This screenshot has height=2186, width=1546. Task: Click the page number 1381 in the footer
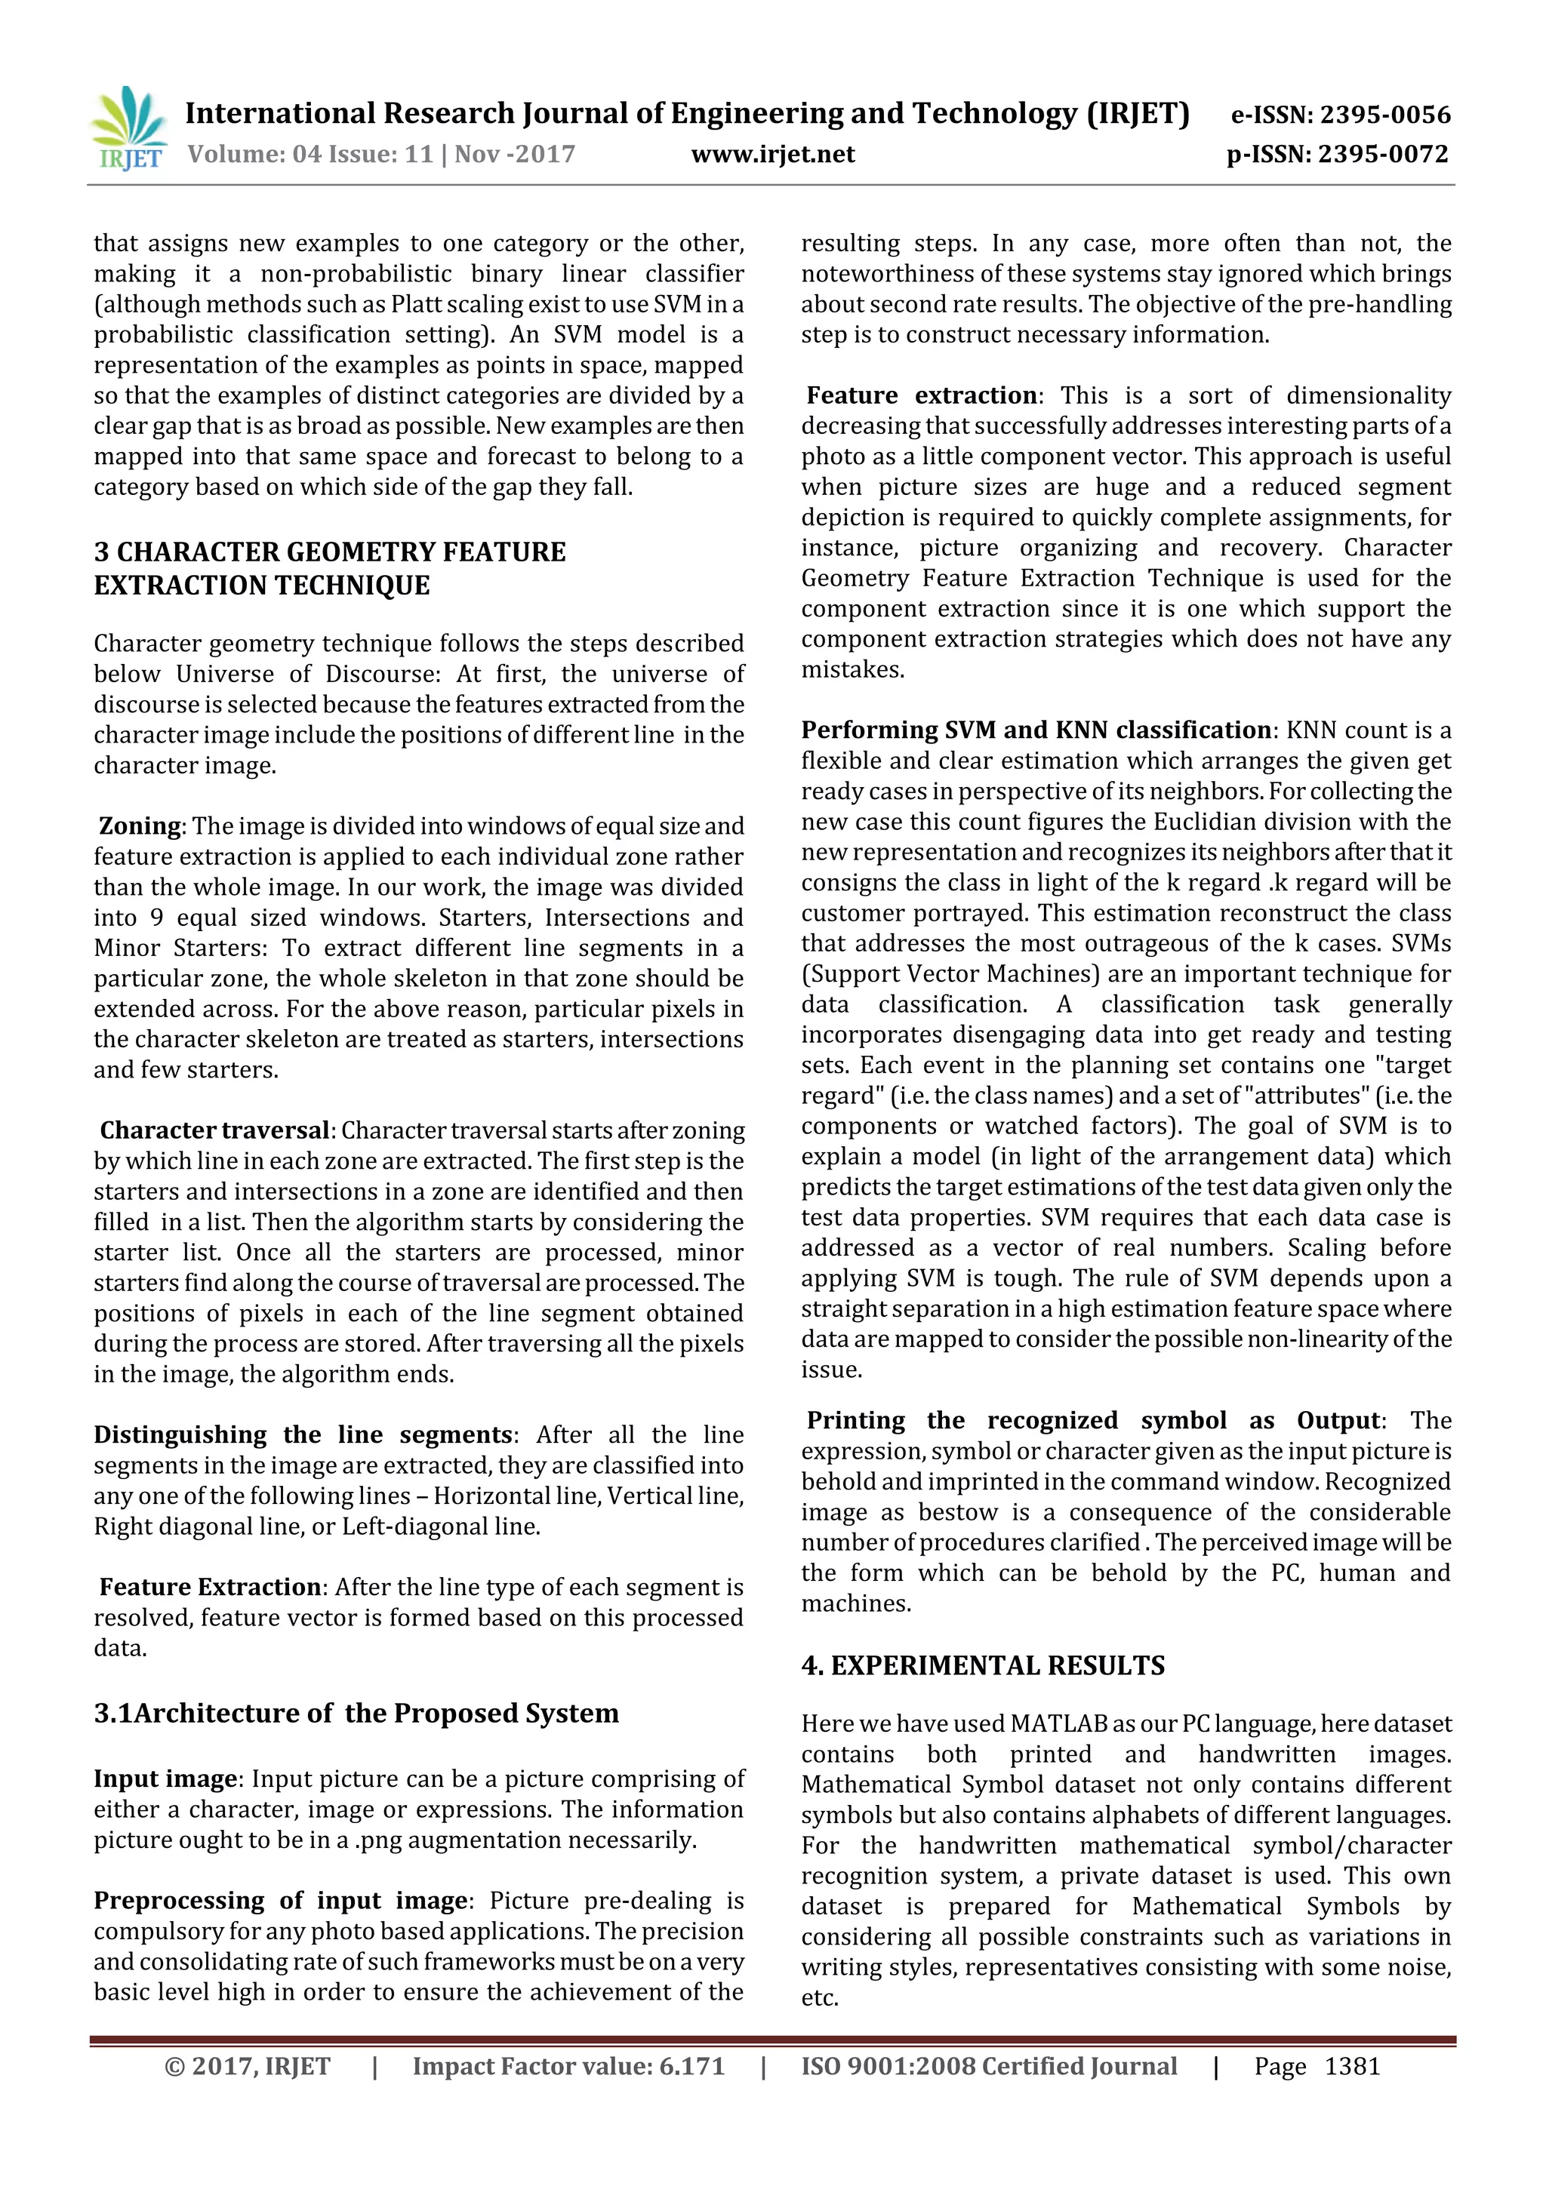(1352, 2066)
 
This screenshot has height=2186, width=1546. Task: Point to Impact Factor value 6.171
(568, 2066)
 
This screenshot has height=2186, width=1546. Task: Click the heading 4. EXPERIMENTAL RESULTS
(982, 1665)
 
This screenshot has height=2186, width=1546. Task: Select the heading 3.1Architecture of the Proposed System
(356, 1713)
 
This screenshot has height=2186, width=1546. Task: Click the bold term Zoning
(140, 826)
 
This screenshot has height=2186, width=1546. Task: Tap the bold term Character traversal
(214, 1130)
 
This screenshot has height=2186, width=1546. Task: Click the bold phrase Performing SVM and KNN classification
(1036, 730)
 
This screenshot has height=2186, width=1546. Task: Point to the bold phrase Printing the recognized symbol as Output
(1092, 1421)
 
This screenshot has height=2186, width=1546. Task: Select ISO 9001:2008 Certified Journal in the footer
(989, 2066)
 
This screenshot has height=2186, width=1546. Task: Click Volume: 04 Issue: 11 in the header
(310, 154)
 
